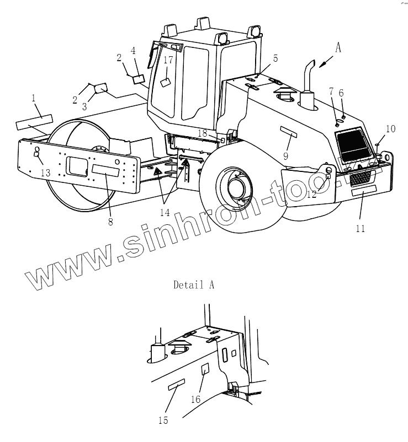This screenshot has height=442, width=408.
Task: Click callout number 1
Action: (x=34, y=98)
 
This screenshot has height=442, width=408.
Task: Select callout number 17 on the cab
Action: (x=168, y=60)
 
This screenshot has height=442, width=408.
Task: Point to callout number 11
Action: (x=360, y=228)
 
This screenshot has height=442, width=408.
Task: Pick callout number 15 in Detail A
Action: (x=162, y=421)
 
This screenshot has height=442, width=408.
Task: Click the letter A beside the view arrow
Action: (x=338, y=48)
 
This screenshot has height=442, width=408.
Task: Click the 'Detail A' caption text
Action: (x=193, y=285)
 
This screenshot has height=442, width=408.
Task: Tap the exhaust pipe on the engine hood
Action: (x=307, y=83)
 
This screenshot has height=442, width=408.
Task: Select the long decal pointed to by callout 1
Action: (x=34, y=122)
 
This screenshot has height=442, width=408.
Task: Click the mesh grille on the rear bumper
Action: (x=365, y=177)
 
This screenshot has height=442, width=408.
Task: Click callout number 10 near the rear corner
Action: (x=390, y=129)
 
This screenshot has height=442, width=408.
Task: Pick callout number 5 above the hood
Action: (x=275, y=58)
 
